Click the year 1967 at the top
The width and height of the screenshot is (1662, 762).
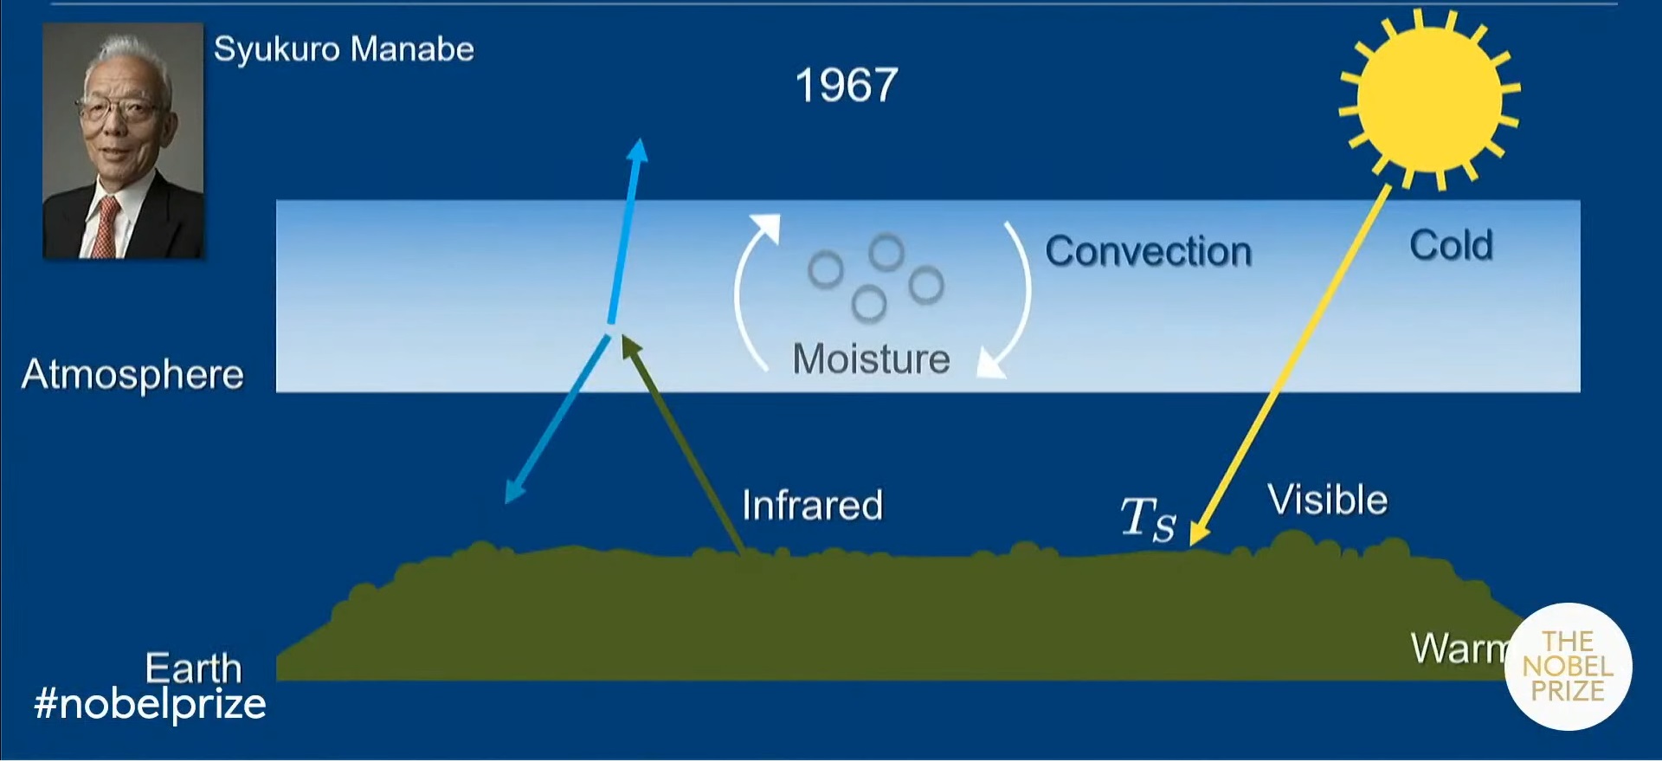[847, 86]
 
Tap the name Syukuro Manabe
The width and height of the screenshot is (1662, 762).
[344, 49]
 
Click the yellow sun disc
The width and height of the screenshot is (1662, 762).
[1429, 100]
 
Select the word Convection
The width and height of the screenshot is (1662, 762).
[1149, 252]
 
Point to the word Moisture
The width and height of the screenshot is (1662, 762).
[871, 358]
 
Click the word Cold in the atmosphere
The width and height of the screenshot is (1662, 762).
[1451, 245]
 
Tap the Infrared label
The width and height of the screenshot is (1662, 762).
[812, 505]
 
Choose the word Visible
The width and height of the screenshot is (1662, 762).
[1327, 500]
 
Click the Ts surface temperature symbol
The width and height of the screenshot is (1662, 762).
[1149, 519]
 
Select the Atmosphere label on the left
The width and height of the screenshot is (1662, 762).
[132, 374]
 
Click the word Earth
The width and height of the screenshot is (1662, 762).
[193, 668]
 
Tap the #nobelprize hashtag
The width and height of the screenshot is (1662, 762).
[150, 703]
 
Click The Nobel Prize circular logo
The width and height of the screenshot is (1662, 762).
[1568, 666]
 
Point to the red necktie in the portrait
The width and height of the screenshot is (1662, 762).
[105, 226]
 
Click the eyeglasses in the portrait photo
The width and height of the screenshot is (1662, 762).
[119, 109]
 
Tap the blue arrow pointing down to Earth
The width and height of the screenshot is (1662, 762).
[557, 420]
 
